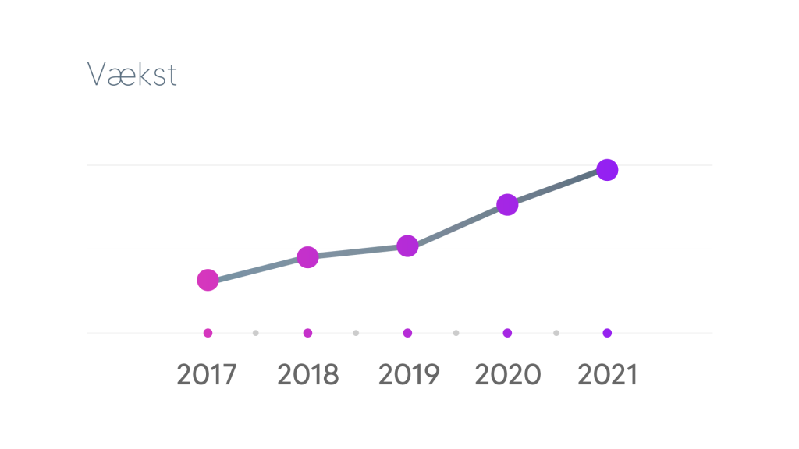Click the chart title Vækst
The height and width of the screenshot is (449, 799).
point(132,74)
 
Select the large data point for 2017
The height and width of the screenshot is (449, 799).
point(208,280)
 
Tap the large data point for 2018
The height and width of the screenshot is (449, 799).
point(307,257)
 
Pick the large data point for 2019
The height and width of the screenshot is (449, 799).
point(407,246)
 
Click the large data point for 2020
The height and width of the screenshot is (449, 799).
point(507,205)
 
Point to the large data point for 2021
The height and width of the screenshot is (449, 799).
point(607,170)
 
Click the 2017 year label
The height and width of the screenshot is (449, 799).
point(206,375)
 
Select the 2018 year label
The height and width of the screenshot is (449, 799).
point(307,375)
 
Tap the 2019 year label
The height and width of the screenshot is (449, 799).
point(409,375)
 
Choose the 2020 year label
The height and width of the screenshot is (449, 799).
point(507,375)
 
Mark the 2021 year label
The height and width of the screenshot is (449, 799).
point(607,375)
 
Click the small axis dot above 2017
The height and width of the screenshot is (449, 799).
point(208,333)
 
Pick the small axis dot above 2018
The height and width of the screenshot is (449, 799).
point(307,333)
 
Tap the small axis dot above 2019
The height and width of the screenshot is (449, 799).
point(407,333)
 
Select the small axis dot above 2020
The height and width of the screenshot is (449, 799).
point(507,333)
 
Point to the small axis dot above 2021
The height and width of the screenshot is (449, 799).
point(607,333)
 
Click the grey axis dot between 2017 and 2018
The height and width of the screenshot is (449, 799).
point(256,333)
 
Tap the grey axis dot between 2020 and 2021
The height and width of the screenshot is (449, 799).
point(556,333)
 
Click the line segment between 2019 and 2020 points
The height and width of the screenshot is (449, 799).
point(457,225)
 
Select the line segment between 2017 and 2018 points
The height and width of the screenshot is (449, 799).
point(257,269)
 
